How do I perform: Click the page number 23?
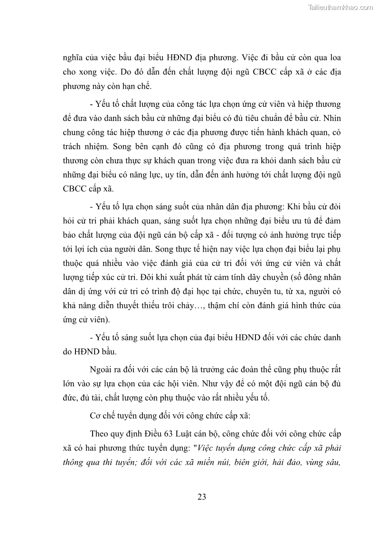[201, 497]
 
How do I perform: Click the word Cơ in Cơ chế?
[95, 415]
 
